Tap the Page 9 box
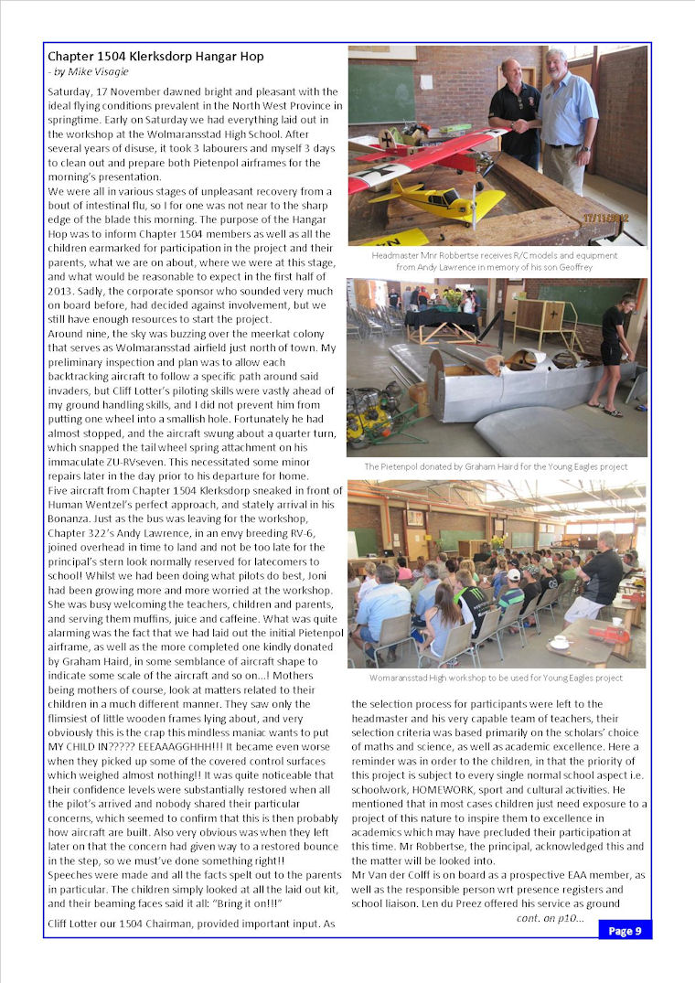pyautogui.click(x=625, y=931)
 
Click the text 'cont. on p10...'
pyautogui.click(x=550, y=917)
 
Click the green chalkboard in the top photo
pyautogui.click(x=380, y=93)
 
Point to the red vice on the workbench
pyautogui.click(x=605, y=634)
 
